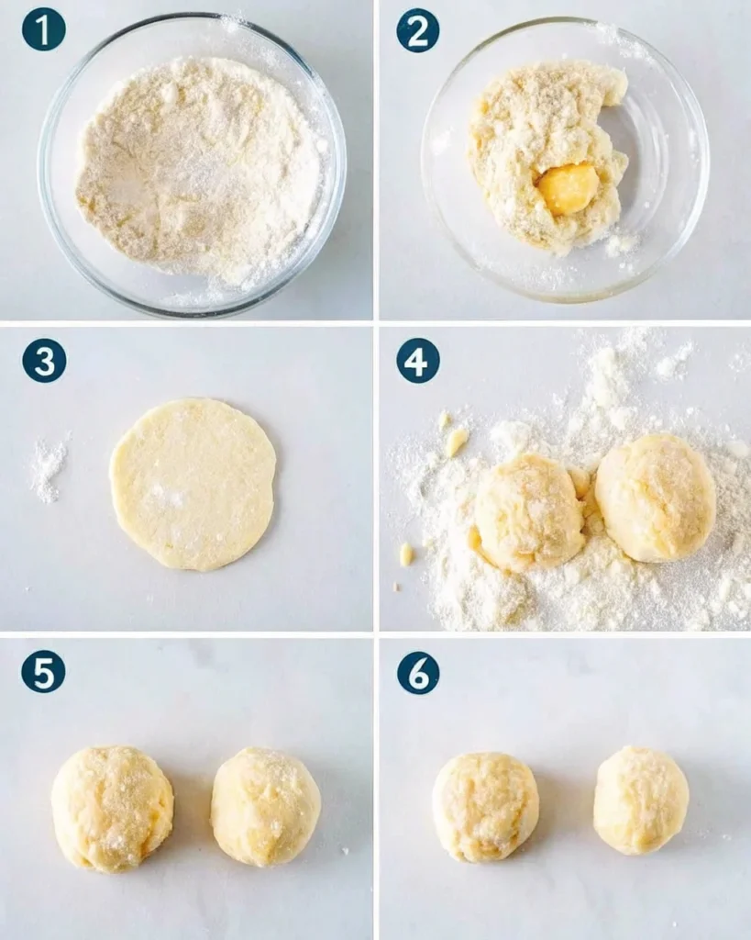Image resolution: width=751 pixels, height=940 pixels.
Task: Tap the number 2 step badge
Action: click(x=418, y=30)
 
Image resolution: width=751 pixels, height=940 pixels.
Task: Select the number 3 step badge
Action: click(x=44, y=361)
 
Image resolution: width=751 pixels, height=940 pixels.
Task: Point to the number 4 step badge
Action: click(x=418, y=361)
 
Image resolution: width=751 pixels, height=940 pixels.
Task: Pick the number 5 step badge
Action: click(x=44, y=671)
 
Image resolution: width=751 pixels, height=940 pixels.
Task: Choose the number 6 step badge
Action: click(x=418, y=673)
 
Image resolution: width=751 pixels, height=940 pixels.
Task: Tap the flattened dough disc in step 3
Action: click(x=193, y=485)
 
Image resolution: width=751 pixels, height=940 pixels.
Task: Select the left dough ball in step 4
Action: click(x=530, y=512)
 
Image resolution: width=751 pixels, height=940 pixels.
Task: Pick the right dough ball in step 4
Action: click(x=657, y=498)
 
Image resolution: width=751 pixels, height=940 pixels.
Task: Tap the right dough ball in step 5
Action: click(x=266, y=807)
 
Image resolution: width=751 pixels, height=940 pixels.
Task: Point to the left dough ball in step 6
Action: click(x=486, y=806)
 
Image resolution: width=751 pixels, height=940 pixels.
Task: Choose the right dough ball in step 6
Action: click(x=641, y=800)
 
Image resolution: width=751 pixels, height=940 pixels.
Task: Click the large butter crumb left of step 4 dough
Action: click(x=457, y=442)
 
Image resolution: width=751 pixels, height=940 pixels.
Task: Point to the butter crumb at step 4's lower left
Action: click(x=406, y=554)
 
